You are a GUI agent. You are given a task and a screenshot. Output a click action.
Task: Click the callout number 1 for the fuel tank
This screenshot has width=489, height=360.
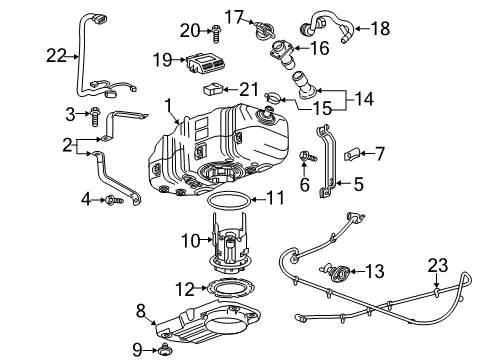click(x=170, y=104)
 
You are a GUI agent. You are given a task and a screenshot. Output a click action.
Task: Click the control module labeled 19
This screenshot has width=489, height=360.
click(x=210, y=64)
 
